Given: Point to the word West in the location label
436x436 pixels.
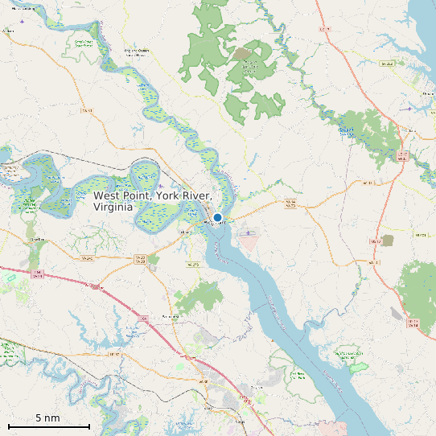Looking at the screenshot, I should point(109,195).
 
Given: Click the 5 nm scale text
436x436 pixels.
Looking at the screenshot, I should point(47,418).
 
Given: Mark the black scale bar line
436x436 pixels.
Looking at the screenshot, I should point(48,426).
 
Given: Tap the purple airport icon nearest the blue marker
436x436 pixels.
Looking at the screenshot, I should point(249,233).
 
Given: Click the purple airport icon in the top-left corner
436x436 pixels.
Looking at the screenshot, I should point(21,21).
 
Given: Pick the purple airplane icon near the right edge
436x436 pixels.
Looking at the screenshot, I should point(410,109).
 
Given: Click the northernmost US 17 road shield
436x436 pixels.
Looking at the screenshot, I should point(325,29).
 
